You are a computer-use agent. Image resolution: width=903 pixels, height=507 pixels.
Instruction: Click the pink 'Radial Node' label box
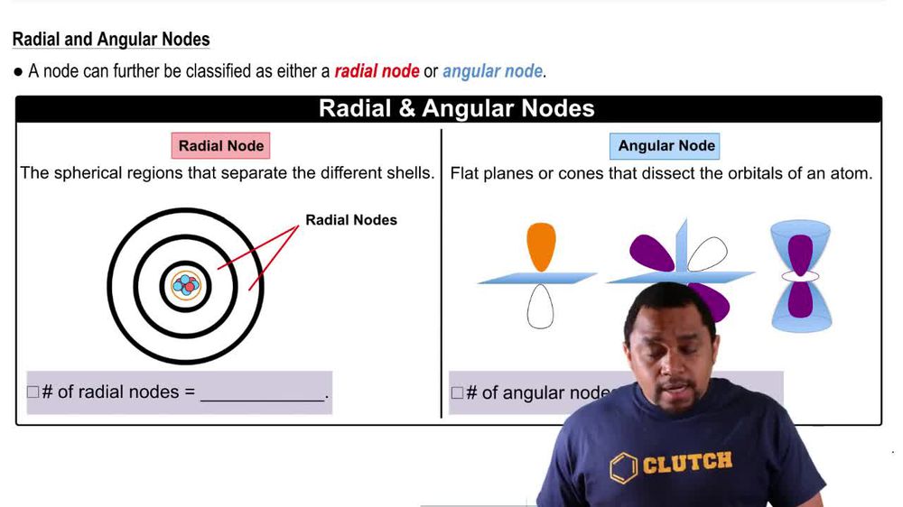point(220,145)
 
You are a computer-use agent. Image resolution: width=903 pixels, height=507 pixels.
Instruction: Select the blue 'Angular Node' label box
point(666,145)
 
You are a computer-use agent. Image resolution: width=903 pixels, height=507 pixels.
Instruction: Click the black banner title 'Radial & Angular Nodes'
point(456,109)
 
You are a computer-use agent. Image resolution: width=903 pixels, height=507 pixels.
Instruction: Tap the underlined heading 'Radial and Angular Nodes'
point(111,40)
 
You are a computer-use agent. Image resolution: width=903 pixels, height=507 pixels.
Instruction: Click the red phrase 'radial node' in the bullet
point(377,71)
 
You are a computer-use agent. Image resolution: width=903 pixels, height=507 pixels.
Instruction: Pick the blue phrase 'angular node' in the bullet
point(492,71)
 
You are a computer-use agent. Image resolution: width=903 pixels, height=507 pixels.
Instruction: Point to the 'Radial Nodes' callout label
point(350,220)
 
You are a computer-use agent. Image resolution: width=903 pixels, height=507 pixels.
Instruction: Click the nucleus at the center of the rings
point(185,285)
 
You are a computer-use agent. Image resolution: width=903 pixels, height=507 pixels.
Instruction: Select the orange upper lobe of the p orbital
point(540,246)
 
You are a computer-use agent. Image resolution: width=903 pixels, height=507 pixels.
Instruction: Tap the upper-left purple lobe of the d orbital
point(651,253)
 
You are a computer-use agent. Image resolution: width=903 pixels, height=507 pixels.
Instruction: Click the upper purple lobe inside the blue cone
point(800,252)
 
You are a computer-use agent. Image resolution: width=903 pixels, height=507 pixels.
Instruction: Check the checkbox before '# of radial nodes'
point(33,392)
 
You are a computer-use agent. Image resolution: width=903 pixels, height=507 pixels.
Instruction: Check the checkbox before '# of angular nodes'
point(457,393)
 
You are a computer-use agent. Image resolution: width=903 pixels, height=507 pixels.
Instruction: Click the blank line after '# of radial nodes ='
point(262,394)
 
